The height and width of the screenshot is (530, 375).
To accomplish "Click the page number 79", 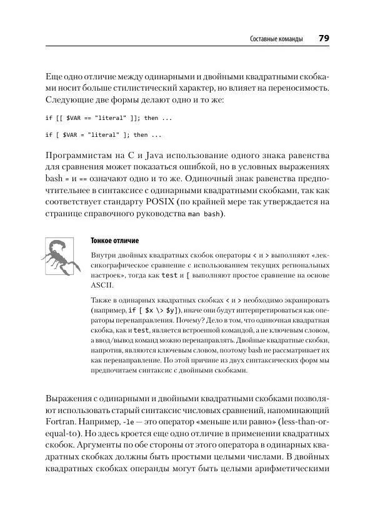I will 324,39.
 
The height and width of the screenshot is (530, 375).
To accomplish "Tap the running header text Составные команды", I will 276,39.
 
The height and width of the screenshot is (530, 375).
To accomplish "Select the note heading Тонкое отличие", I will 115,241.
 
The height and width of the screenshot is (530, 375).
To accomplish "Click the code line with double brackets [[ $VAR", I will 103,117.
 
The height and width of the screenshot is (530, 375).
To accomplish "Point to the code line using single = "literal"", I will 103,134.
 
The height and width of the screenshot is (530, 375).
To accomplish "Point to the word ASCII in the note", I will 101,283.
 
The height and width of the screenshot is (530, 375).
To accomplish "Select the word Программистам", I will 81,154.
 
